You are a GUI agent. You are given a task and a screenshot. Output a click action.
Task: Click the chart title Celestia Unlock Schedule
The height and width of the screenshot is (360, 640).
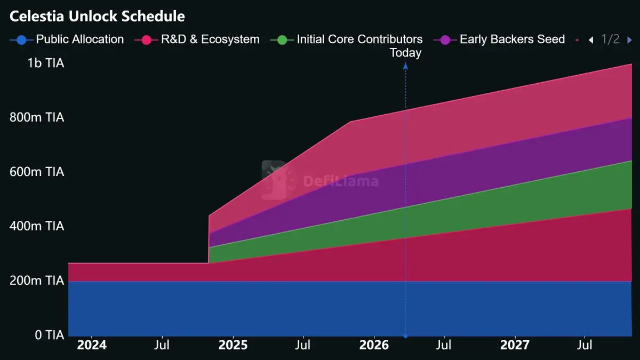tap(97, 16)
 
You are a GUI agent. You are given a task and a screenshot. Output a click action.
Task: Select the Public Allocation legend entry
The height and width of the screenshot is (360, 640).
tap(67, 39)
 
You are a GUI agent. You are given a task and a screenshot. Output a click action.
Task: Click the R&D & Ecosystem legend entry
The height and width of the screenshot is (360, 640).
tap(197, 39)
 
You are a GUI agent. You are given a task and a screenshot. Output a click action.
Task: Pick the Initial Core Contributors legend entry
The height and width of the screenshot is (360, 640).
tap(347, 39)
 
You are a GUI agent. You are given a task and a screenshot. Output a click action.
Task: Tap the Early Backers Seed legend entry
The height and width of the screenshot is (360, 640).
tap(499, 39)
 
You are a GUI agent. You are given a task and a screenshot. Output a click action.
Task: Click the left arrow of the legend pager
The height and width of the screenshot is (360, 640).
tap(590, 40)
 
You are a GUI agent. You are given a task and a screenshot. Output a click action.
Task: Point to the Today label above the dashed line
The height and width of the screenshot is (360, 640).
tap(405, 53)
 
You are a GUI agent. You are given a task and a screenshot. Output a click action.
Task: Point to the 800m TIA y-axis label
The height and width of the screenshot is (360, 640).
tap(37, 117)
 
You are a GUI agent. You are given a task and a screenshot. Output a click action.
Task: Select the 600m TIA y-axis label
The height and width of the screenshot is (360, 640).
tap(37, 172)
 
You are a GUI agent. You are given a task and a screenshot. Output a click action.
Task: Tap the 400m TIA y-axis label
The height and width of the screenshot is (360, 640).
tap(37, 226)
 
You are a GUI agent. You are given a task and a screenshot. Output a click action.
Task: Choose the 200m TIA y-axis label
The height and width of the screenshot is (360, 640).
tap(37, 281)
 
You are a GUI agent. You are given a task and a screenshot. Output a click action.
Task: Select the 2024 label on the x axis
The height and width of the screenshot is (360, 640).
tap(92, 345)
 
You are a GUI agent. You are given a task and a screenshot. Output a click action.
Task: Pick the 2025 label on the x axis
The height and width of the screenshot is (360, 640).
tap(233, 345)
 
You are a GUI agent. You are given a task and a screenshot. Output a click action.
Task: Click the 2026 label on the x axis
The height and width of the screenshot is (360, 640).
tap(374, 345)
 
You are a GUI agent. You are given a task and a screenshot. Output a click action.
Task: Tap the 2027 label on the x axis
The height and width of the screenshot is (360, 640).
tap(515, 345)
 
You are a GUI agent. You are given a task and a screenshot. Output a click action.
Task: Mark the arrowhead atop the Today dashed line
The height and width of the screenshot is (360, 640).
tap(405, 66)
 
